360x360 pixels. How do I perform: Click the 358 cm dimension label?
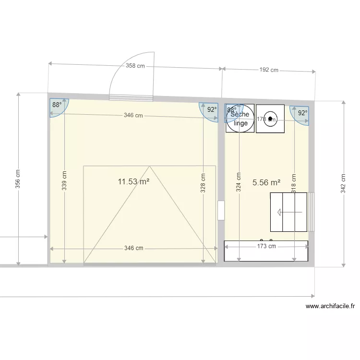pyautogui.click(x=135, y=66)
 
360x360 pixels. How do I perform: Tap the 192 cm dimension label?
pyautogui.click(x=269, y=70)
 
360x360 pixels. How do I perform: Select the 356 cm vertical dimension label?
pyautogui.click(x=18, y=179)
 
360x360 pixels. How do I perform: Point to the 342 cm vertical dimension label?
pyautogui.click(x=343, y=183)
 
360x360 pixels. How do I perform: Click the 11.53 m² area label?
pyautogui.click(x=133, y=181)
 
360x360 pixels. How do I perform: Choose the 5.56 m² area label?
pyautogui.click(x=266, y=182)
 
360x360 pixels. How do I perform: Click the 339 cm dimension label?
pyautogui.click(x=64, y=181)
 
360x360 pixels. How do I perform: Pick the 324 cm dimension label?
pyautogui.click(x=238, y=182)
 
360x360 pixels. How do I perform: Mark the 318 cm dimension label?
pyautogui.click(x=294, y=182)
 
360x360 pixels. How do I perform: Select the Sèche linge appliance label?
pyautogui.click(x=240, y=119)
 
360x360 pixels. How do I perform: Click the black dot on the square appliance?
pyautogui.click(x=270, y=118)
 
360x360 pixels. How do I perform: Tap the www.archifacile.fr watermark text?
pyautogui.click(x=330, y=306)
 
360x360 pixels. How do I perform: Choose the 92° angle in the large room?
pyautogui.click(x=212, y=109)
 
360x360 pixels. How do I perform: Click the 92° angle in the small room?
pyautogui.click(x=302, y=113)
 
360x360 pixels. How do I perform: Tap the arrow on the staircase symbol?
pyautogui.click(x=284, y=212)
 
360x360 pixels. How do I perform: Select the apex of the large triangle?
pyautogui.click(x=150, y=167)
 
